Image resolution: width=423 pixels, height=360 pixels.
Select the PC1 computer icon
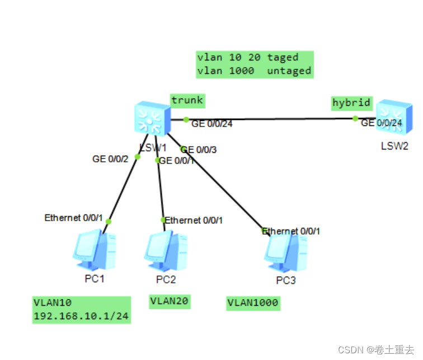point(95,250)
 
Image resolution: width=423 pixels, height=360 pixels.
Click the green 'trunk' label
point(187,101)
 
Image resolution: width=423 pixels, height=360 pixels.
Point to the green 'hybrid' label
point(351,102)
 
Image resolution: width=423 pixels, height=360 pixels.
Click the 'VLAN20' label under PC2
point(170,302)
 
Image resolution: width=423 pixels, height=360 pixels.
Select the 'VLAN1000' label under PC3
point(253,303)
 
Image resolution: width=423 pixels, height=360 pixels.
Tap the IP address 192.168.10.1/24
point(82,316)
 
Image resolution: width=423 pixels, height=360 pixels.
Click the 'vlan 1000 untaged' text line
point(254,71)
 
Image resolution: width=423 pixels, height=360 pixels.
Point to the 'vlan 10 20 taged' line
point(248,57)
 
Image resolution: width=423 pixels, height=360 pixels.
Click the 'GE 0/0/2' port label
point(110,159)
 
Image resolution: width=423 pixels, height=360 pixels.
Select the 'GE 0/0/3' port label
point(199,149)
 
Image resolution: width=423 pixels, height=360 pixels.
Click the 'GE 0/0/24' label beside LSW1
point(212,124)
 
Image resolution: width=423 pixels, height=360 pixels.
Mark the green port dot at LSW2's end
point(355,118)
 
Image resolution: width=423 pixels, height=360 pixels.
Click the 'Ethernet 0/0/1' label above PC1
point(74,218)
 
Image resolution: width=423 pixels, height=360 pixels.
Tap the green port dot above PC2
point(163,220)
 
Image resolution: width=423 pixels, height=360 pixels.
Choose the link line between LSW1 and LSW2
point(269,119)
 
